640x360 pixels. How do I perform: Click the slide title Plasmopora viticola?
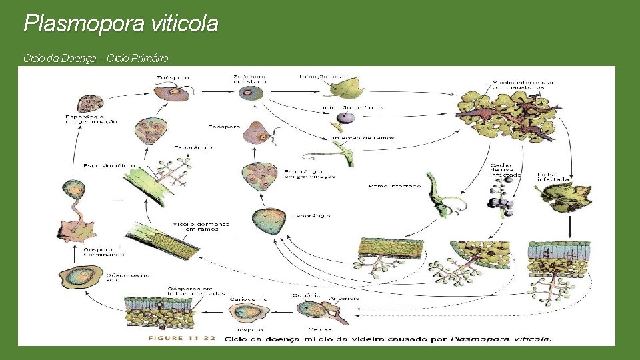point(121,24)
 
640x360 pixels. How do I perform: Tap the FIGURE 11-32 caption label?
point(181,338)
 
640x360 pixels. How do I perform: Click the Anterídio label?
point(344,298)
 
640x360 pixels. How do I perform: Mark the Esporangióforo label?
point(109,165)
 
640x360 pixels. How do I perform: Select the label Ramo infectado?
point(395,186)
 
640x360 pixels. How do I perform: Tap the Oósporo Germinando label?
point(103,252)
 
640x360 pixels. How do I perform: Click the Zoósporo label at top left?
point(172,77)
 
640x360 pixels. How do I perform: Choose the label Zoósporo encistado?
point(250,79)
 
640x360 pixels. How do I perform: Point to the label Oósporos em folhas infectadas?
point(196,291)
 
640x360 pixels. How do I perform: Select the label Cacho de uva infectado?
point(501,171)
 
